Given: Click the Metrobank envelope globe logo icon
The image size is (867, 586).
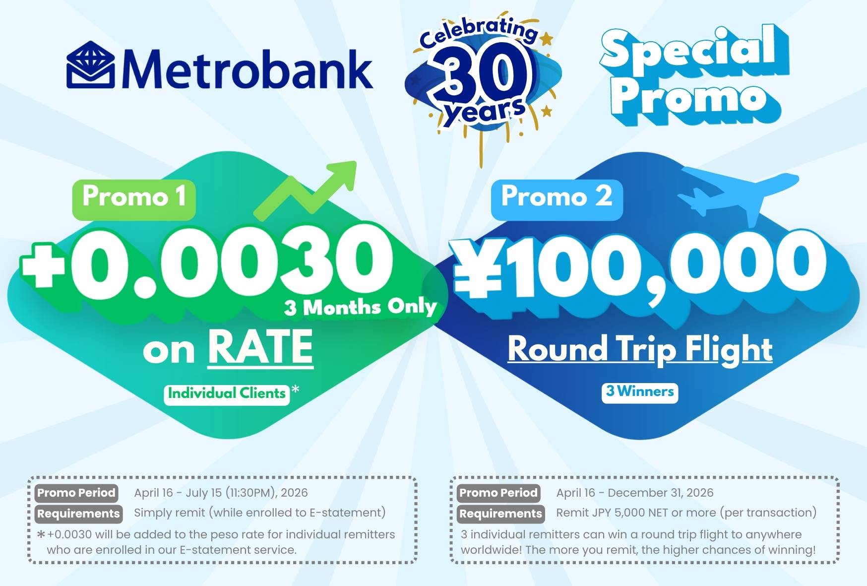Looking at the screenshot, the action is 90,65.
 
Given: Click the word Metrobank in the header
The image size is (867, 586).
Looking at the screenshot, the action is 247,68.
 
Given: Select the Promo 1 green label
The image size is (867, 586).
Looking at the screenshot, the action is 134,199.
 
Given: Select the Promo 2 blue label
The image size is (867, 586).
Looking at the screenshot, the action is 557,199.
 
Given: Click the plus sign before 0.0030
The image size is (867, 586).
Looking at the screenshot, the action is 44,264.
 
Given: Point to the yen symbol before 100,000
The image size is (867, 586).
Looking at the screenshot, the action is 479,268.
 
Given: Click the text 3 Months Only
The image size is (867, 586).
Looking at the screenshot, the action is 361,307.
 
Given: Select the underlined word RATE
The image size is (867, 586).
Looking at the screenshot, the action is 260,348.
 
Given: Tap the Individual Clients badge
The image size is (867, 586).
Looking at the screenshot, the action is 227,394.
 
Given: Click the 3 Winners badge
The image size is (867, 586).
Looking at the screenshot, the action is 640,392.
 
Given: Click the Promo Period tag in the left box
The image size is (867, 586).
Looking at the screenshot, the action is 76,493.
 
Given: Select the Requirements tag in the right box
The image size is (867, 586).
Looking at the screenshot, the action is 500,514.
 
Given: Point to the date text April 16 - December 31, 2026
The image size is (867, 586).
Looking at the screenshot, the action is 635,493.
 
